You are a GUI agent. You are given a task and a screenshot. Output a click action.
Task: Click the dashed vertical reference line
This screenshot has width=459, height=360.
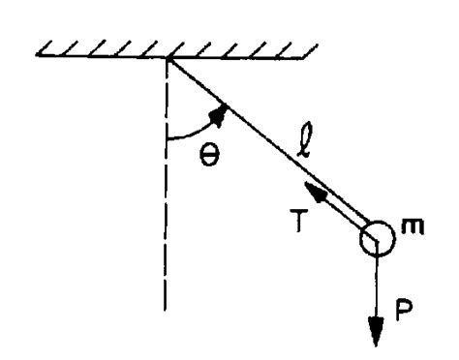(x=168, y=194)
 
